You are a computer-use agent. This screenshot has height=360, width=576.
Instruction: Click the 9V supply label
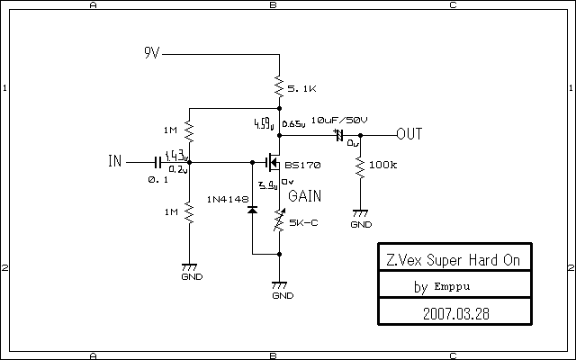pyautogui.click(x=151, y=53)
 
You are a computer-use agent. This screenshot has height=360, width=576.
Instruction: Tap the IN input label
pyautogui.click(x=114, y=162)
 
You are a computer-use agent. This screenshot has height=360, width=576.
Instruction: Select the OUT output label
pyautogui.click(x=409, y=134)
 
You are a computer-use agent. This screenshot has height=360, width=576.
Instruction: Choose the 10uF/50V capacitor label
pyautogui.click(x=339, y=121)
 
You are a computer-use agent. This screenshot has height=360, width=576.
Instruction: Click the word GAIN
pyautogui.click(x=304, y=195)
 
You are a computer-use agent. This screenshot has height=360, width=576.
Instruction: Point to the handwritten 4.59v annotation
pyautogui.click(x=263, y=123)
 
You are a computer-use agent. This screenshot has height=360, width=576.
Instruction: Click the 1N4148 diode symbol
pyautogui.click(x=252, y=210)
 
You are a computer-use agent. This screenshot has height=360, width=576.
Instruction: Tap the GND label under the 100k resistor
pyautogui.click(x=360, y=225)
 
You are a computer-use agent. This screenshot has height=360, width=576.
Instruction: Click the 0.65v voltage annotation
pyautogui.click(x=292, y=124)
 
